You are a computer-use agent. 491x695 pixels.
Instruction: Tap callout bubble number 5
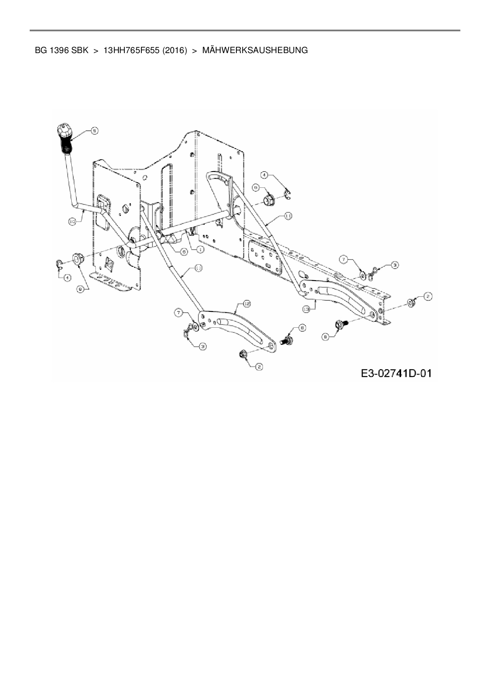(x=95, y=130)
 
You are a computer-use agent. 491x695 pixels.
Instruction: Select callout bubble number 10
(x=72, y=222)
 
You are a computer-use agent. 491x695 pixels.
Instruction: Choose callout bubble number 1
(x=200, y=249)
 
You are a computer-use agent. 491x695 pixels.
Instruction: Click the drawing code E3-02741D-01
(x=396, y=373)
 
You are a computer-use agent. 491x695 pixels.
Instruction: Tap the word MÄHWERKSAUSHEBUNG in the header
(x=255, y=50)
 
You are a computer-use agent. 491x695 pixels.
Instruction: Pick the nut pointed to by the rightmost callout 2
(x=411, y=303)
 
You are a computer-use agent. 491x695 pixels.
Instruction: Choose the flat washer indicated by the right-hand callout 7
(x=363, y=274)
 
